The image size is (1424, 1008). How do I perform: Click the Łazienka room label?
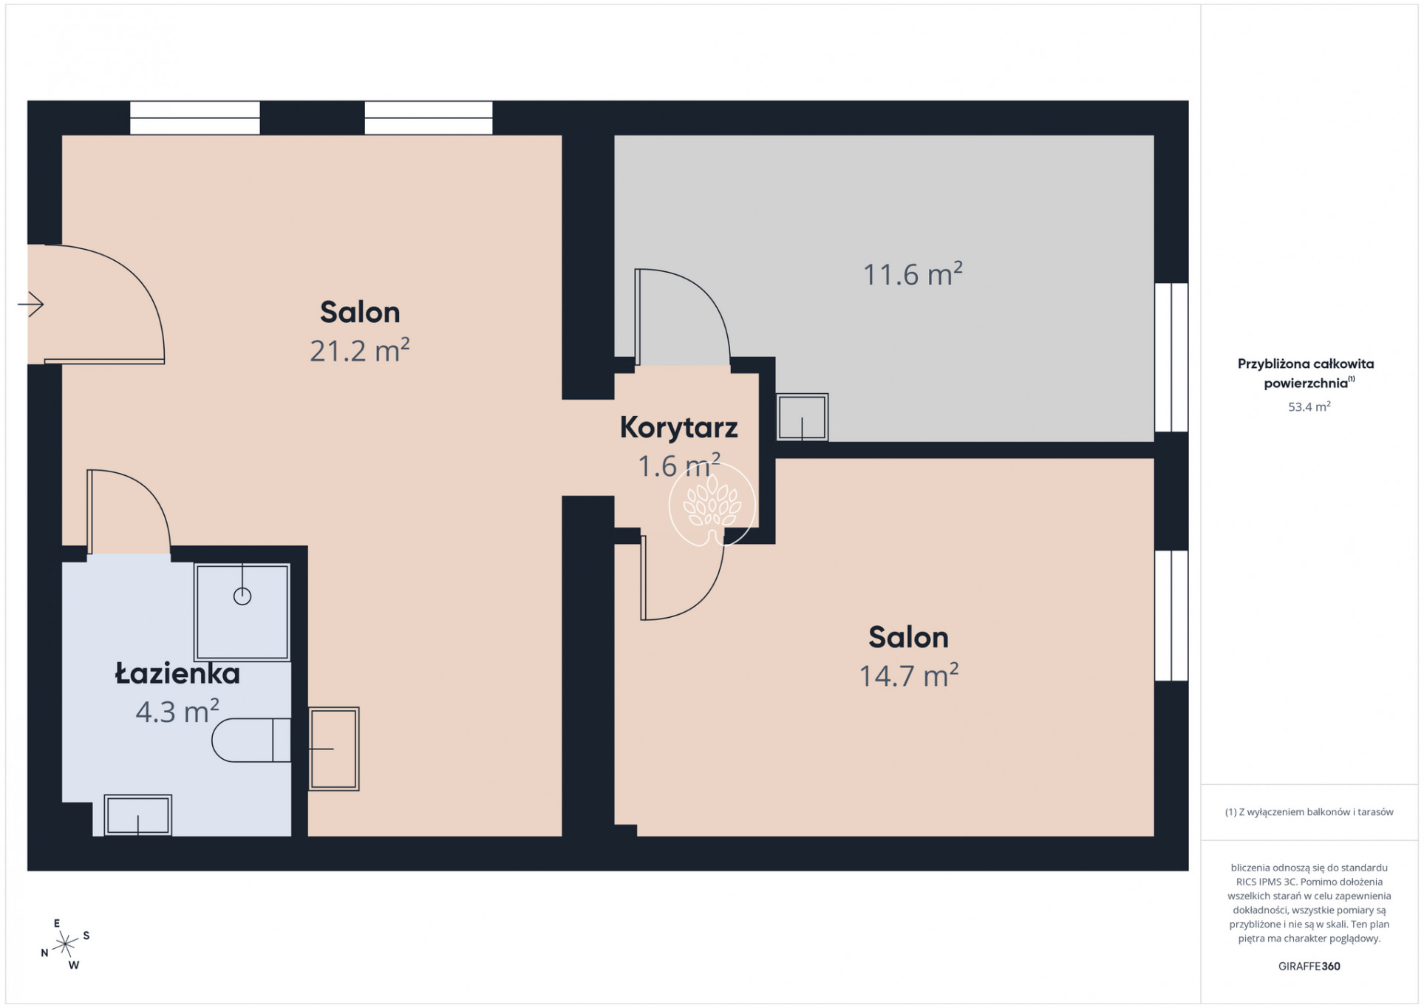[177, 673]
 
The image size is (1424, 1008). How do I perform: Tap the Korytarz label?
[678, 427]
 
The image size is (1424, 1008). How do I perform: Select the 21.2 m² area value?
[359, 350]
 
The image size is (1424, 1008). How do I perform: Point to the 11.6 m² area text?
[913, 274]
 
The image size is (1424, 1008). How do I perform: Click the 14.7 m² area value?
[908, 675]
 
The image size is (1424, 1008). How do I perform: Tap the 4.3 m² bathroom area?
[177, 712]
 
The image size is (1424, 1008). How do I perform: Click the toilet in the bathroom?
[251, 740]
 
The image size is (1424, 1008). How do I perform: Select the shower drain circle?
[242, 596]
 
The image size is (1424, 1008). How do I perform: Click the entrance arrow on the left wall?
[30, 304]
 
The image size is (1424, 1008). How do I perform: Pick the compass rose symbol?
[65, 944]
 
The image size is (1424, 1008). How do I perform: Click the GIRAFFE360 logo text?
[1309, 966]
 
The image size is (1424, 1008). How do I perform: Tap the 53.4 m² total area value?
[1309, 406]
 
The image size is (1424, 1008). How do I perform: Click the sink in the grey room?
[803, 418]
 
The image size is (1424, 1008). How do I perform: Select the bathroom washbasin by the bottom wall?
[138, 816]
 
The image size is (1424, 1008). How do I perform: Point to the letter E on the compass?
[57, 923]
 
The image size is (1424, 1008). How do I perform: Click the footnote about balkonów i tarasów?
[1309, 812]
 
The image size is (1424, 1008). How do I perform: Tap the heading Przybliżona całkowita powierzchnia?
[1306, 373]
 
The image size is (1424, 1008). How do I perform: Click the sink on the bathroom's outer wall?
[334, 749]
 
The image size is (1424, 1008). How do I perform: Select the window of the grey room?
[1171, 357]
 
